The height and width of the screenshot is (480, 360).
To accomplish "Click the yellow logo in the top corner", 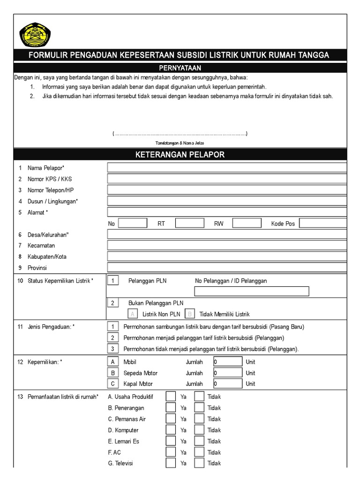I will pyautogui.click(x=35, y=36).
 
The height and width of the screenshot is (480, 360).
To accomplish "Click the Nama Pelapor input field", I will pyautogui.click(x=227, y=168).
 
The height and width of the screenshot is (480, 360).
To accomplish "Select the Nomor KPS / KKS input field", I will pyautogui.click(x=227, y=179).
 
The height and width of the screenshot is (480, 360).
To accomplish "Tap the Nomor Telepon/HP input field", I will pyautogui.click(x=227, y=190).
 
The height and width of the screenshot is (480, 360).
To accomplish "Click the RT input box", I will pyautogui.click(x=190, y=223).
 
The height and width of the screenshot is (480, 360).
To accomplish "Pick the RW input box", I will pyautogui.click(x=247, y=223).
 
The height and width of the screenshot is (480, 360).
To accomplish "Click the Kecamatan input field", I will pyautogui.click(x=227, y=245).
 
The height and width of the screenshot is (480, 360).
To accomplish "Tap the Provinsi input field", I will pyautogui.click(x=227, y=267).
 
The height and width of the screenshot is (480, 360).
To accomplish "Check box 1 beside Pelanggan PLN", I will pyautogui.click(x=113, y=281).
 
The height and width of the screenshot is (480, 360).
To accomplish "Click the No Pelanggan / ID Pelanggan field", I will pyautogui.click(x=252, y=292).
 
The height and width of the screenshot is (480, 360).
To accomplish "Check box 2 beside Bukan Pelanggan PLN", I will pyautogui.click(x=113, y=303).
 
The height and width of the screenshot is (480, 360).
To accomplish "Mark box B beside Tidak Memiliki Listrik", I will pyautogui.click(x=190, y=314).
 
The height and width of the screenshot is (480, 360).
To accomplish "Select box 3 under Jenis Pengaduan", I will pyautogui.click(x=113, y=349).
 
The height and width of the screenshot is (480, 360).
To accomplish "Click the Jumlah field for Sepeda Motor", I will pyautogui.click(x=228, y=373).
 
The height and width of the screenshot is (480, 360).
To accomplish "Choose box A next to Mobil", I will pyautogui.click(x=113, y=362).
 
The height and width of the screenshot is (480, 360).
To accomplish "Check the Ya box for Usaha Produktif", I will pyautogui.click(x=171, y=397).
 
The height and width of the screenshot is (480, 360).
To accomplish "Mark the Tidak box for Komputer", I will pyautogui.click(x=199, y=430).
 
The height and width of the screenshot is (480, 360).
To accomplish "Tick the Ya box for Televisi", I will pyautogui.click(x=171, y=463).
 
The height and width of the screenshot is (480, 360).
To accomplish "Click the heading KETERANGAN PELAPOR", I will pyautogui.click(x=180, y=154).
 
